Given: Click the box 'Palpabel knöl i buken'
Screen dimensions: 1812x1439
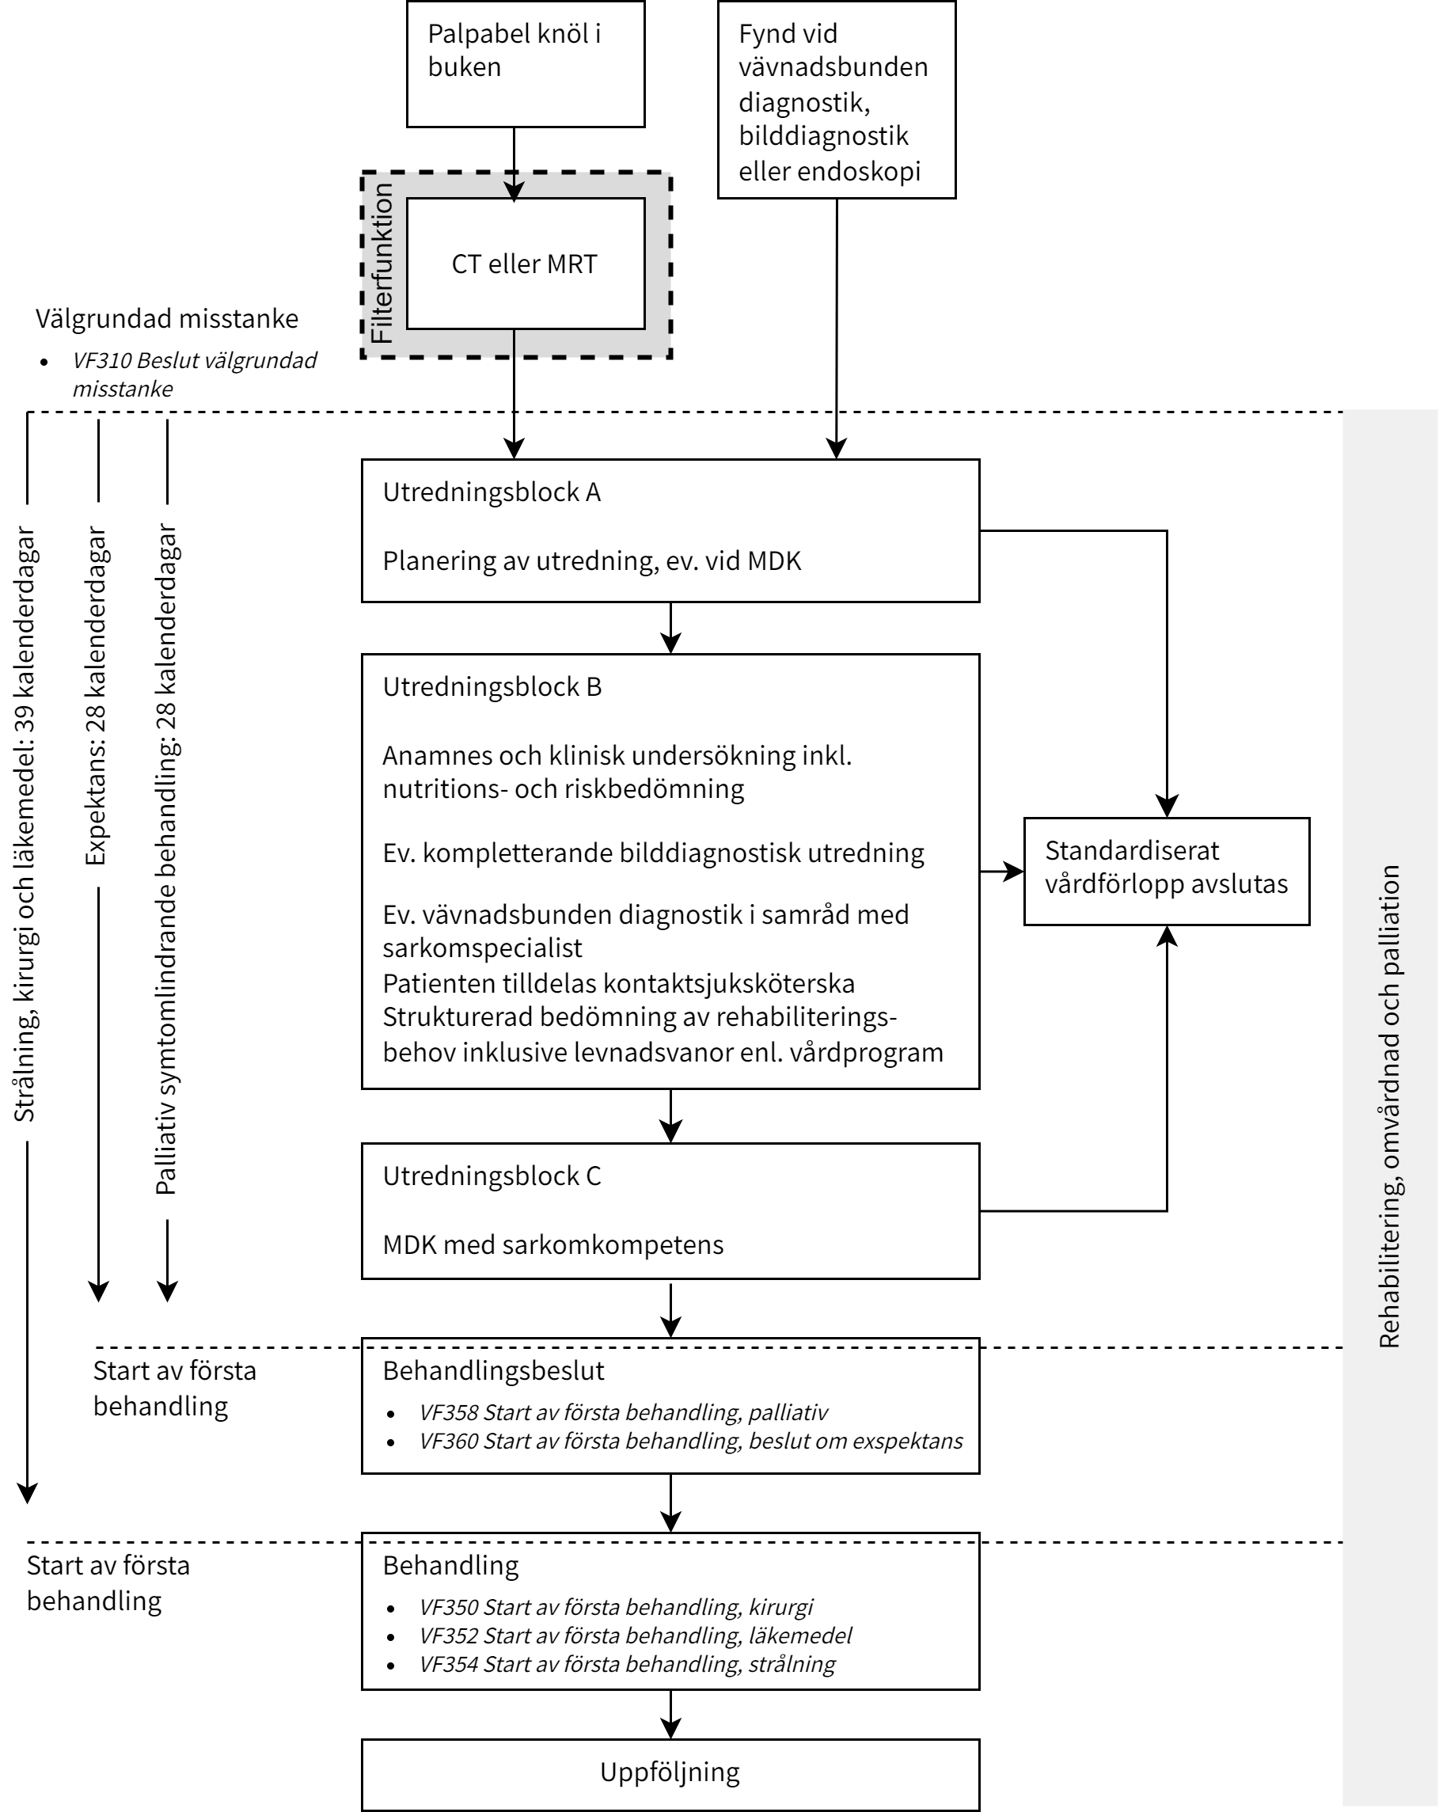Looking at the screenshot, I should (x=526, y=64).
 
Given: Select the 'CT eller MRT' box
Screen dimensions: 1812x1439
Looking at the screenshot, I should (x=526, y=264).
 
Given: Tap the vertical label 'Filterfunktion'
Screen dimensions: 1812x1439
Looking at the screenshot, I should (x=382, y=263).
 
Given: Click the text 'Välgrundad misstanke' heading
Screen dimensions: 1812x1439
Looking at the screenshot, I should (x=166, y=318).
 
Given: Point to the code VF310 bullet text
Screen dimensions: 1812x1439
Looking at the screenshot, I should (x=194, y=374).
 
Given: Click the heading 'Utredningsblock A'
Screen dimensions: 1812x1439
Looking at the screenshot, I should (x=492, y=492).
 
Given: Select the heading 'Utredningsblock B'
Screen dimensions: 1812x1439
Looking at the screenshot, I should (x=492, y=686).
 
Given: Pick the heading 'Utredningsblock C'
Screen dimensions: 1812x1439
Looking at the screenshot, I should (x=492, y=1176).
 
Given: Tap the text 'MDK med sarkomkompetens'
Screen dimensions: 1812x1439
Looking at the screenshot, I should (x=552, y=1244).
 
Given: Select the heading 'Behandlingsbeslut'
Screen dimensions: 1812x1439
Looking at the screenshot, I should (x=493, y=1371).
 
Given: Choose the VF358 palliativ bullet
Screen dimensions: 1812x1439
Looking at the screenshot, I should (x=623, y=1412).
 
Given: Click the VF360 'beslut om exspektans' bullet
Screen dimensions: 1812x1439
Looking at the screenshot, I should (x=690, y=1441).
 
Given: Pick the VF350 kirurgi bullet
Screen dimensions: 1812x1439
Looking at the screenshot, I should (x=616, y=1607).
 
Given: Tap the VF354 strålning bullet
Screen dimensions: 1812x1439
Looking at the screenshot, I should (x=627, y=1664).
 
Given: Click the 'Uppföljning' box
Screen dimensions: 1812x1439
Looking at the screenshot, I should (x=670, y=1772).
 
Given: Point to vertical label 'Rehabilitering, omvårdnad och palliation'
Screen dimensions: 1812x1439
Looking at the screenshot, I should (x=1389, y=1106).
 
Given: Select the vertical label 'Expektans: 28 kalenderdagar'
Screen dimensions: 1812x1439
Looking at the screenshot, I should (x=96, y=696).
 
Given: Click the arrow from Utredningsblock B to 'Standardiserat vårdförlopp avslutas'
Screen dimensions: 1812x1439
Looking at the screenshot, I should (x=1002, y=872).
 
